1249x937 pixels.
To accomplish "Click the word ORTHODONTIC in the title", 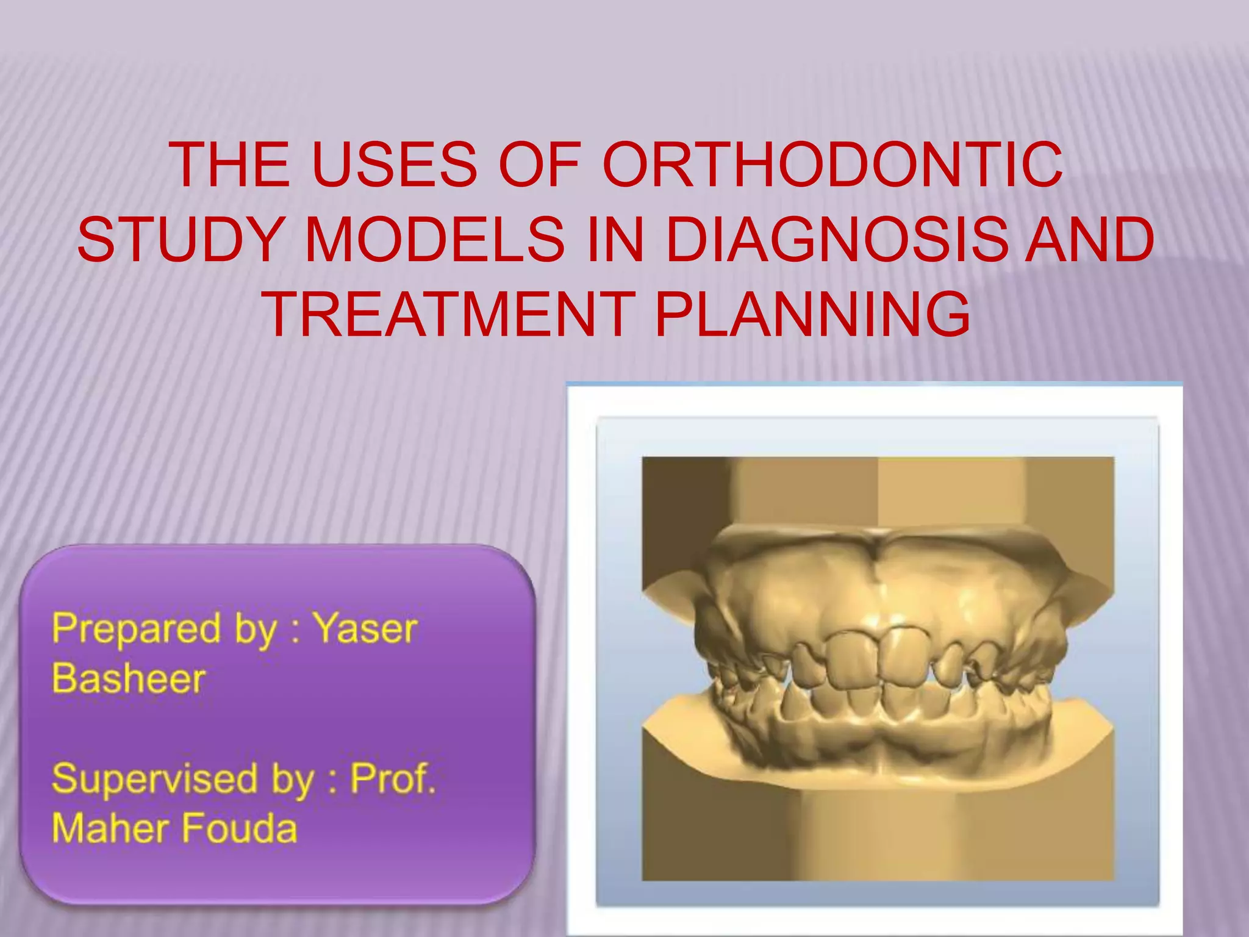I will (x=832, y=165).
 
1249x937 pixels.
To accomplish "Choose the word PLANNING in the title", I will (x=812, y=315).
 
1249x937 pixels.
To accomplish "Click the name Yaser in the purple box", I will (x=365, y=628).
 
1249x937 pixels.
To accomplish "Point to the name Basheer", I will (x=129, y=678).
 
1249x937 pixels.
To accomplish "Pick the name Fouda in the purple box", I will (x=238, y=828).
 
